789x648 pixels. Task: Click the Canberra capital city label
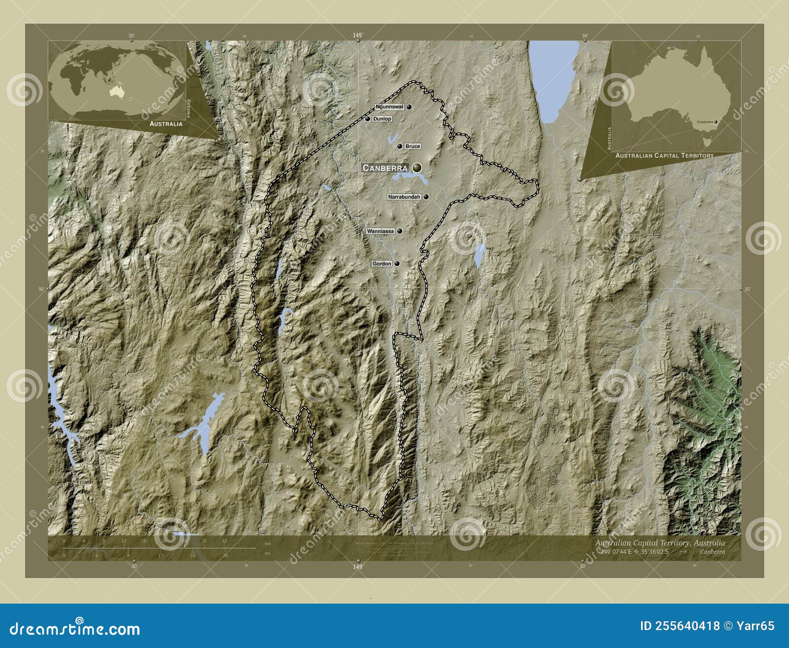pos(385,168)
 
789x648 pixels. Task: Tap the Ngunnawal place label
pos(390,107)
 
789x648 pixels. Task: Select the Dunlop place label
pos(382,119)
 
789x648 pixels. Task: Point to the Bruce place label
pos(413,146)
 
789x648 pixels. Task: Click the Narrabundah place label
pos(404,197)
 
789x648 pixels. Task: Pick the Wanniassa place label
pos(380,231)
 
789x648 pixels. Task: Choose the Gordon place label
pos(382,264)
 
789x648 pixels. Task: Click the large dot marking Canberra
pos(417,168)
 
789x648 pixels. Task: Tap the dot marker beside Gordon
pos(396,264)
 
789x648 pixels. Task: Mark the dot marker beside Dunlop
pos(368,119)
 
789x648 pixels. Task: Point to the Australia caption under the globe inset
pos(166,124)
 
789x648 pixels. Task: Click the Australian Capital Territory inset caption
pos(664,155)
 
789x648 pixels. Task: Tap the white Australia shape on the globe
pos(116,90)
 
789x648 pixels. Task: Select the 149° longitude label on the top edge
pos(358,36)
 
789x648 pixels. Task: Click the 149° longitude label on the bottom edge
pos(358,567)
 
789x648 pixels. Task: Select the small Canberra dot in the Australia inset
pos(716,122)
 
